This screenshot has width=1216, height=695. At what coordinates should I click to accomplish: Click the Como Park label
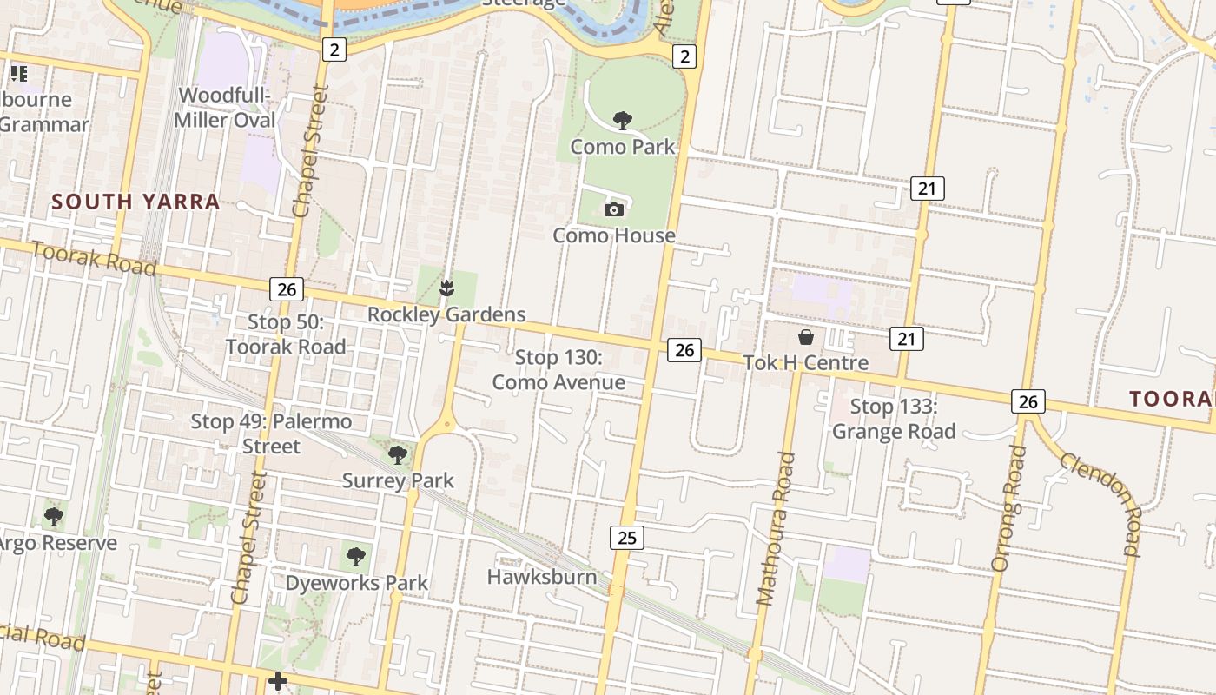(622, 147)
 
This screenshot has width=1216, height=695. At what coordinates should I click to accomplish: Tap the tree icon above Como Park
(622, 120)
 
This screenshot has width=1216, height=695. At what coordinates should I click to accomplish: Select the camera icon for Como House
(614, 209)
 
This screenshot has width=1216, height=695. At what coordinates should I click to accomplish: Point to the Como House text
(614, 235)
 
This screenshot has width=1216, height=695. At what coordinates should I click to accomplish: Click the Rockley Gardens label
(446, 314)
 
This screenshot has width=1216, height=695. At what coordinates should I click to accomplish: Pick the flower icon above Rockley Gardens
(447, 287)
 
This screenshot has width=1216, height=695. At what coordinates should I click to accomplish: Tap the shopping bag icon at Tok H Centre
(806, 337)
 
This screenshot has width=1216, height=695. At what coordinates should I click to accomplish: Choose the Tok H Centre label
(805, 362)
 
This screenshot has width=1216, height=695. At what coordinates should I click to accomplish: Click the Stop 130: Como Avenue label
(558, 370)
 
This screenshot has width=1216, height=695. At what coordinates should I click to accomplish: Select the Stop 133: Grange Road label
(894, 419)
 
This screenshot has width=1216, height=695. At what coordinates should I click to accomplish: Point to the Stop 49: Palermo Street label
(271, 434)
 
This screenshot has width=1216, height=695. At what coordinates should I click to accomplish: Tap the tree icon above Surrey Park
(398, 453)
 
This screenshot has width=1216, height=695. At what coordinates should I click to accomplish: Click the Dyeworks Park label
(357, 583)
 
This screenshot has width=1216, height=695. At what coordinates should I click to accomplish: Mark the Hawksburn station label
(542, 577)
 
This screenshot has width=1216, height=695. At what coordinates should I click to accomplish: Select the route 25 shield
(626, 538)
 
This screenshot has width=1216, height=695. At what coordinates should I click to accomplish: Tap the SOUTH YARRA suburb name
(135, 202)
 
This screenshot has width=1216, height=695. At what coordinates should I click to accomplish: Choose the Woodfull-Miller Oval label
(225, 108)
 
